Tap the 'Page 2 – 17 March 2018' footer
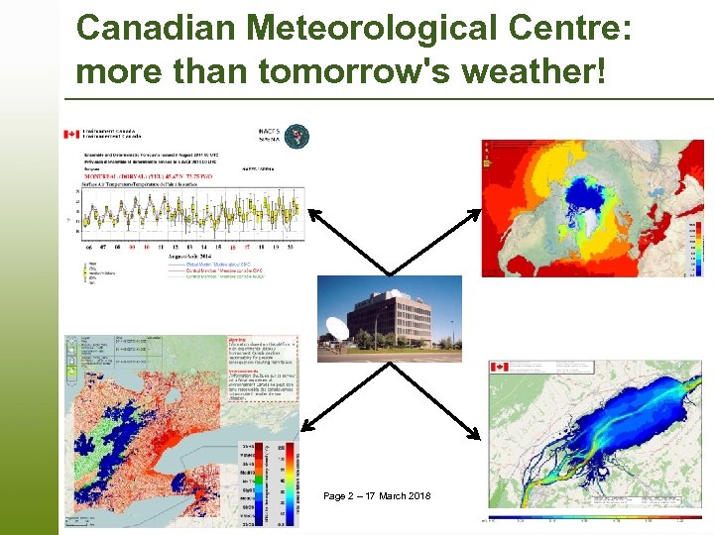click(x=377, y=495)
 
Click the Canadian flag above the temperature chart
click(x=70, y=135)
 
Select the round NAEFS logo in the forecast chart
click(x=297, y=136)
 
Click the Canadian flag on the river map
click(x=499, y=369)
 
